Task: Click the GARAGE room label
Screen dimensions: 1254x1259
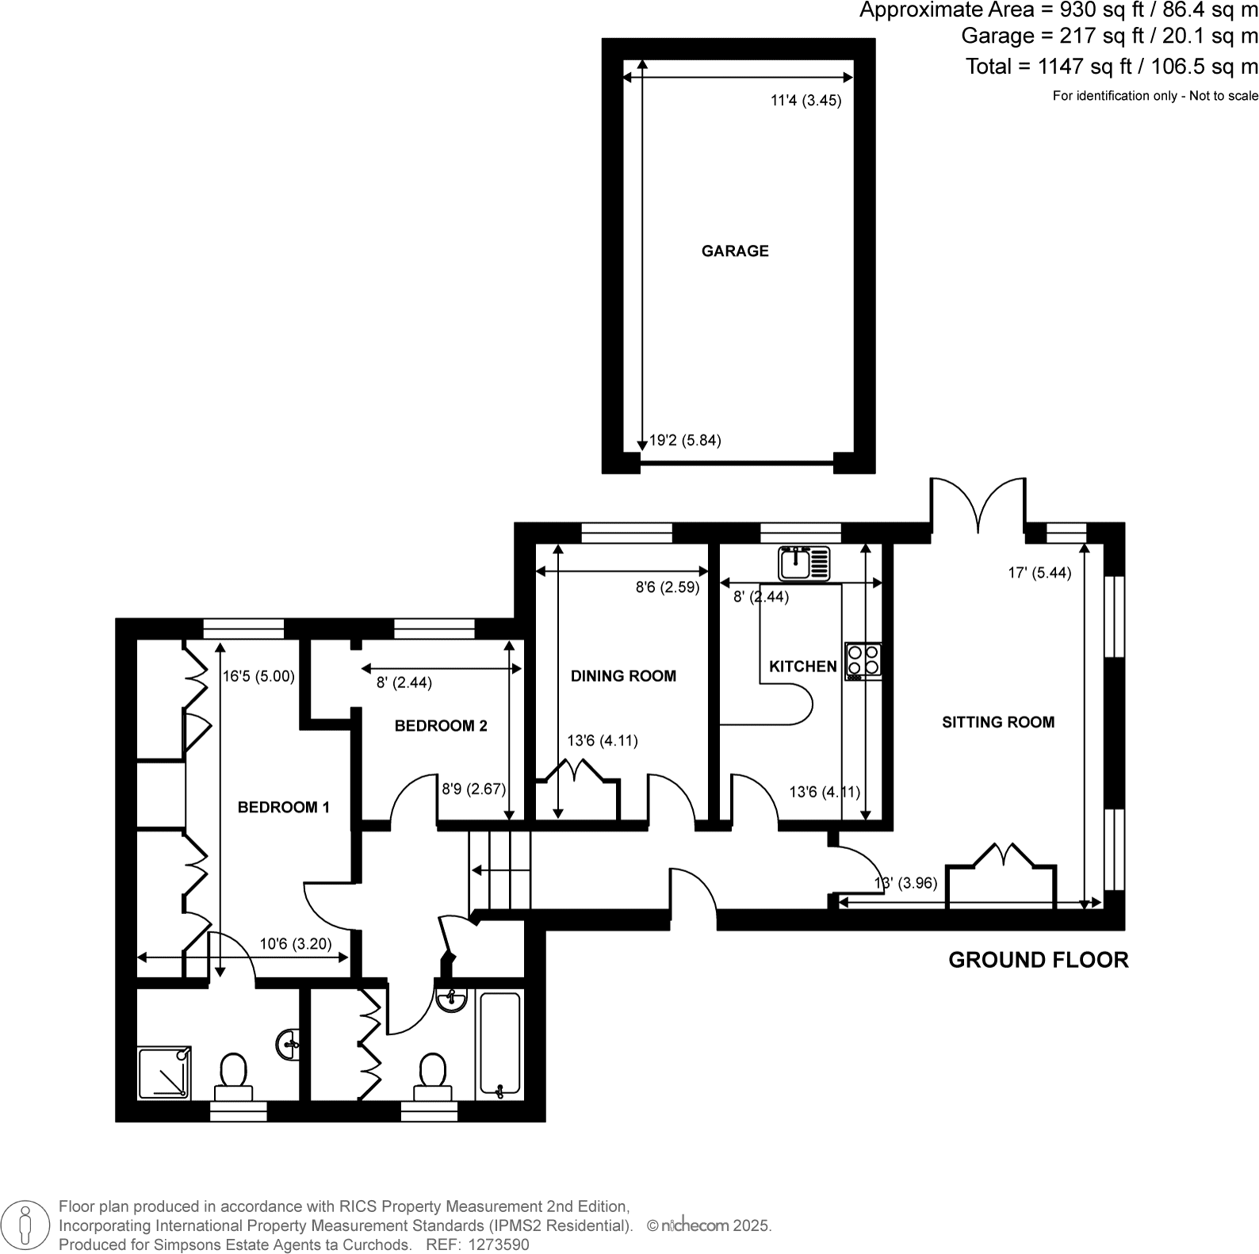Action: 735,251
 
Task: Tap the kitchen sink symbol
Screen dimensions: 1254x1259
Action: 804,564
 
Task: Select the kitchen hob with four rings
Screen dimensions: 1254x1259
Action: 863,661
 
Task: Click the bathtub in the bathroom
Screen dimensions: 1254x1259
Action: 499,1045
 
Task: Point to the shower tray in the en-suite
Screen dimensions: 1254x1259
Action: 164,1072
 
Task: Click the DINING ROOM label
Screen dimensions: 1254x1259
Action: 623,676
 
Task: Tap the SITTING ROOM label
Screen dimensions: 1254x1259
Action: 998,722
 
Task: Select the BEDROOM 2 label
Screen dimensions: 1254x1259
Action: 441,726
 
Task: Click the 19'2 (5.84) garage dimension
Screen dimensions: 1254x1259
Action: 685,441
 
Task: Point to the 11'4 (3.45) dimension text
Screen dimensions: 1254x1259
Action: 806,101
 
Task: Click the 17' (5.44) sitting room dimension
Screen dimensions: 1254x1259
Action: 1039,573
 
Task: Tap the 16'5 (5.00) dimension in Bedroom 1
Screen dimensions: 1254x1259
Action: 258,676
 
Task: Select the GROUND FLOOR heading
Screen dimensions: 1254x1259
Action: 1038,960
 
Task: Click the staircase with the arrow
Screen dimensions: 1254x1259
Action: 499,870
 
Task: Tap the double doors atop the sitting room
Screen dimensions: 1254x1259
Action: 978,506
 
